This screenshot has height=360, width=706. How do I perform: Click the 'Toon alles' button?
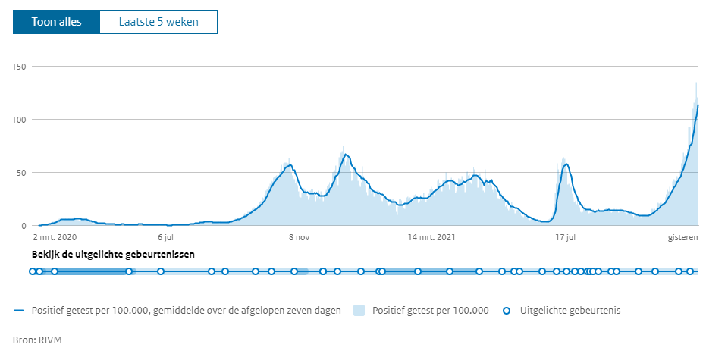(x=56, y=22)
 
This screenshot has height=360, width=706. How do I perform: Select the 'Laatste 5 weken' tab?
(x=158, y=22)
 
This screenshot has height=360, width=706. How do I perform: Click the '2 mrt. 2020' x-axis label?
(x=56, y=238)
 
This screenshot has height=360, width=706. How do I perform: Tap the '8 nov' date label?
(x=299, y=238)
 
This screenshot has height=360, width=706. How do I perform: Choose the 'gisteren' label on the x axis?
(x=682, y=238)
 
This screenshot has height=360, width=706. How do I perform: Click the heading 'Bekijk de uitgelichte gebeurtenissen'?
(x=113, y=254)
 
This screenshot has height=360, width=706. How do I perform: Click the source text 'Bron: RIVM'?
(x=37, y=340)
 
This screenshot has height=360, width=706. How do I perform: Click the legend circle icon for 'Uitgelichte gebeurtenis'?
(x=508, y=310)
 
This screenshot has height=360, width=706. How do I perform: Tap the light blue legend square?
(x=359, y=310)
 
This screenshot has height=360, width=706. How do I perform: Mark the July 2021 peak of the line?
(x=566, y=164)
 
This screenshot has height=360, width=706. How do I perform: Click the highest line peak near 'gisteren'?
(x=698, y=105)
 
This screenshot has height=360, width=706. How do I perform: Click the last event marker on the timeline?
(x=690, y=271)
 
